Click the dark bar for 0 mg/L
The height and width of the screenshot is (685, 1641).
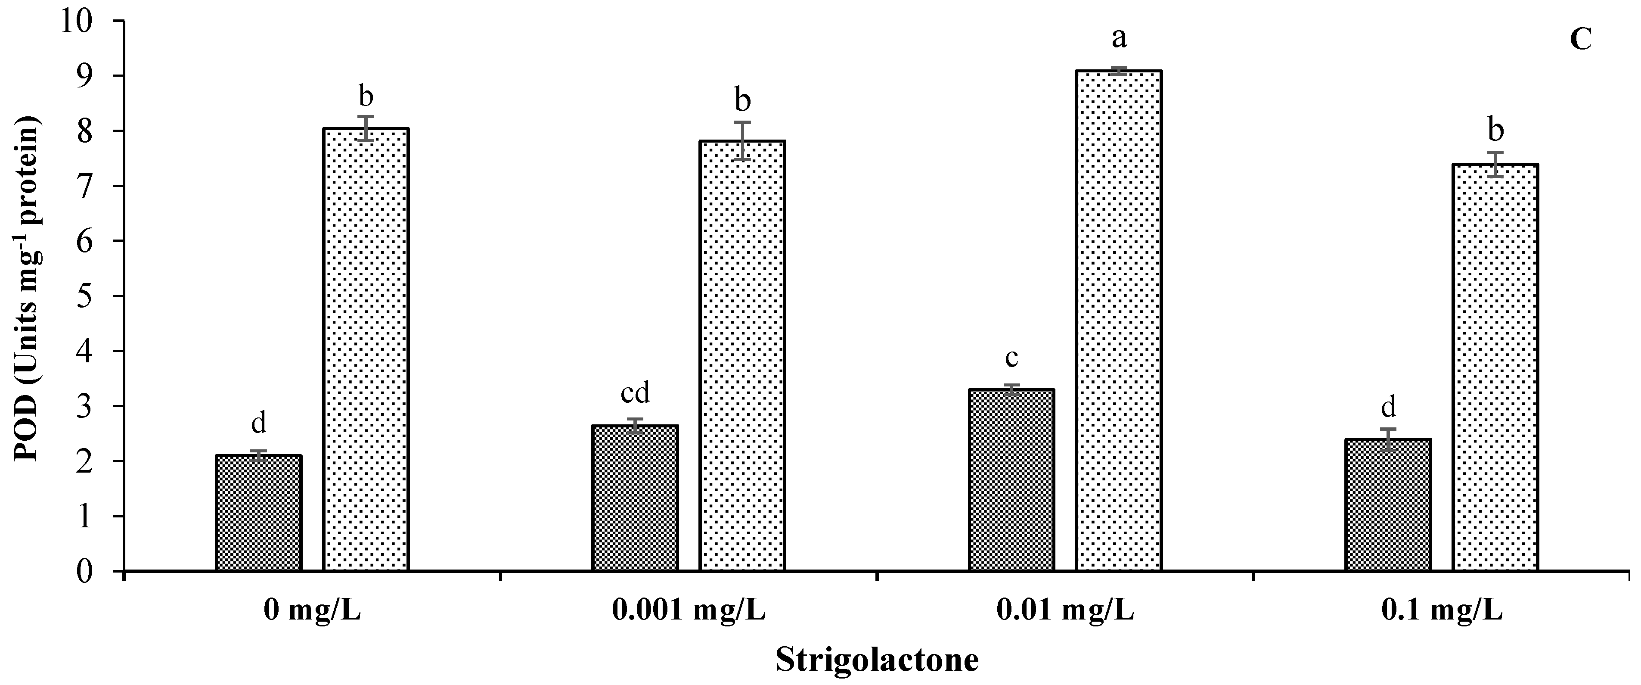click(x=259, y=513)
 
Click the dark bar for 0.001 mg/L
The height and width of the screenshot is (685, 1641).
click(x=635, y=498)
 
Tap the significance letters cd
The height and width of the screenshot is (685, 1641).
click(x=635, y=393)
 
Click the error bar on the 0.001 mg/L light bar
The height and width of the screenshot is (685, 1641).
click(x=742, y=140)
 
